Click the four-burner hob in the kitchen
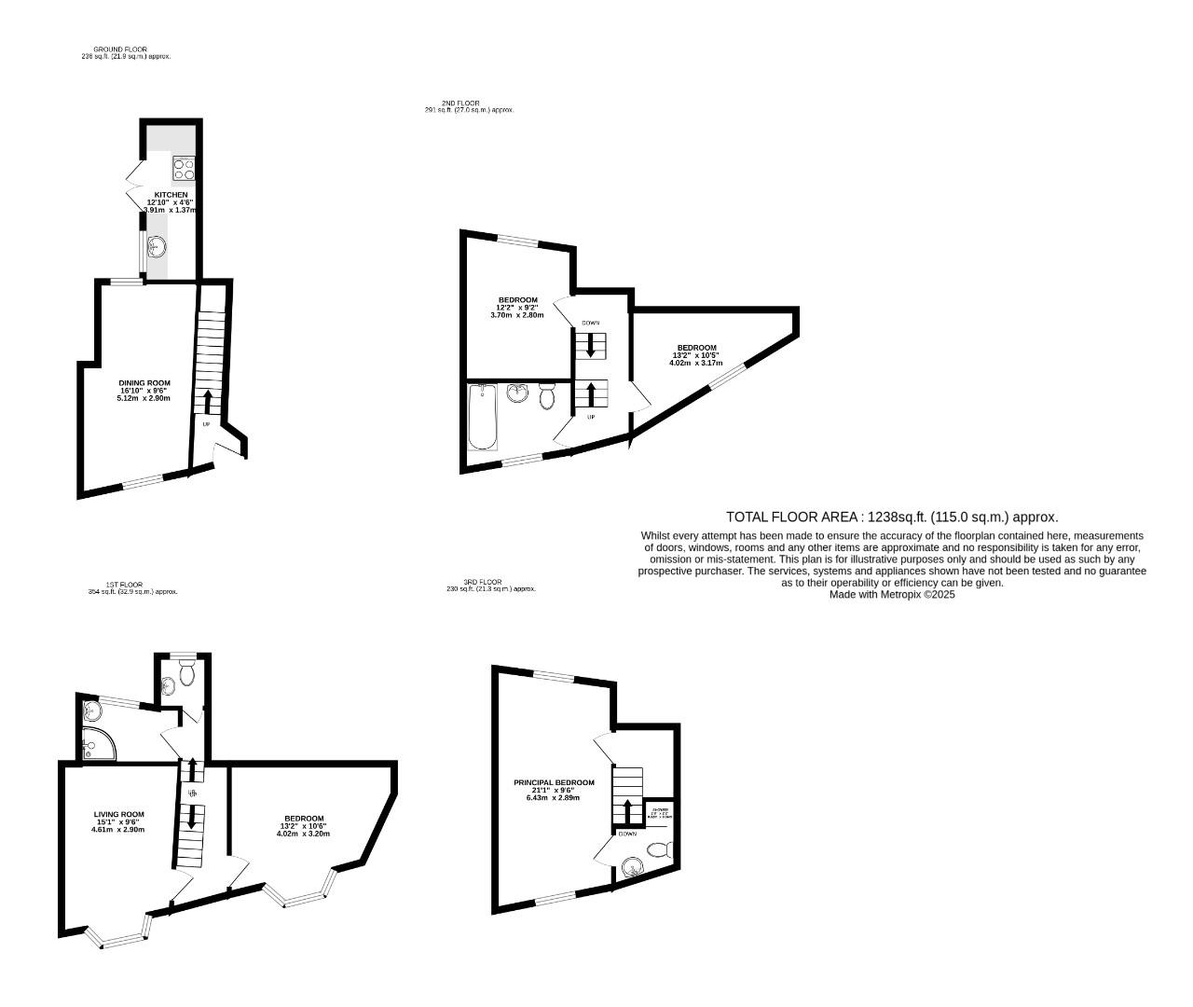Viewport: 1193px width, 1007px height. coord(183,169)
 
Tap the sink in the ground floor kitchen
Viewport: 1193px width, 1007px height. coord(158,247)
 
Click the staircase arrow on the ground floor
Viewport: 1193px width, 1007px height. coord(206,402)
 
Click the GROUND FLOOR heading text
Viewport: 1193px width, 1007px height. coord(120,49)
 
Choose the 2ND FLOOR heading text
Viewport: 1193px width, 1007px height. coord(460,103)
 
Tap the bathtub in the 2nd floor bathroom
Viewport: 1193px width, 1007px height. coord(482,416)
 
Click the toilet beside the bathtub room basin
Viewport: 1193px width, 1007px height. coord(547,397)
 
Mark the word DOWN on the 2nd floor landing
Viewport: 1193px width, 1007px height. coord(590,323)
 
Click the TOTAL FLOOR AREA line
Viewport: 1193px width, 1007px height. coord(892,517)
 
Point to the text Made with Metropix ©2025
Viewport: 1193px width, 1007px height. coord(892,594)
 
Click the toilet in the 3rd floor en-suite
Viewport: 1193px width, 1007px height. coord(659,849)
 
